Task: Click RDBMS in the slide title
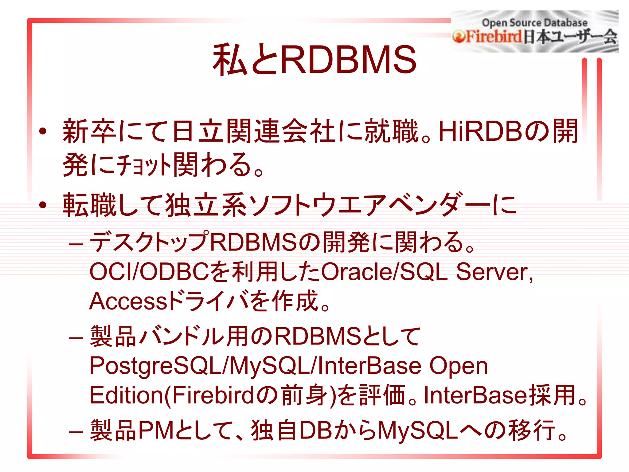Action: [348, 60]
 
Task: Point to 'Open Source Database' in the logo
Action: [534, 23]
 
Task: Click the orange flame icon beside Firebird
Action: [458, 37]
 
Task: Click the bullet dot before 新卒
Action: [43, 132]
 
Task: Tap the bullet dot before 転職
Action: [43, 205]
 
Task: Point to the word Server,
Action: [494, 272]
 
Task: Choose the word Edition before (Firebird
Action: [126, 395]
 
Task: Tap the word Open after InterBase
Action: [458, 366]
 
